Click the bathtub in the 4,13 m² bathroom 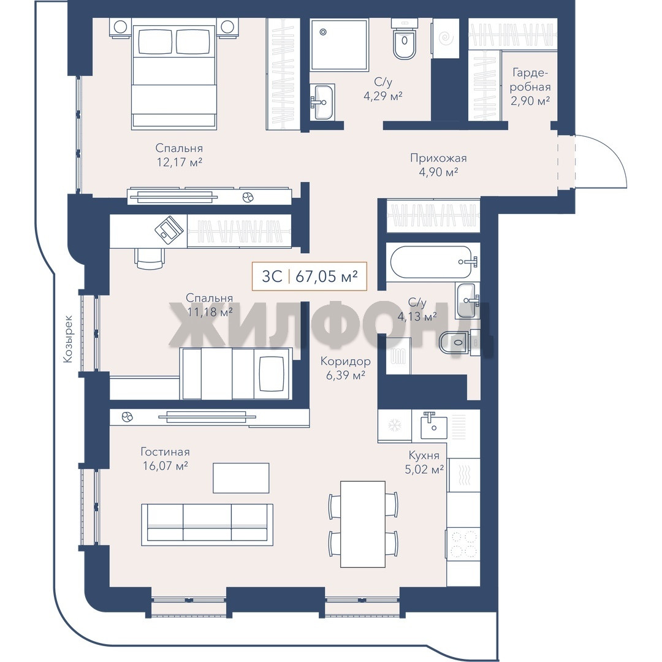[433, 262]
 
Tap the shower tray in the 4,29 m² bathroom [339, 44]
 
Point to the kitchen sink [433, 425]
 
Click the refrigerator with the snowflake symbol [395, 425]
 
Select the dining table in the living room [363, 524]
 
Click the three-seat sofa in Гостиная [207, 524]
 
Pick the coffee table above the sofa [241, 477]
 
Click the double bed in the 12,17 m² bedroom [174, 76]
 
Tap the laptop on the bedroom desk [169, 229]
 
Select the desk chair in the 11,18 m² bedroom [150, 259]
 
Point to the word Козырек [68, 338]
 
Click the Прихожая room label [438, 158]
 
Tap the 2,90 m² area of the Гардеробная [530, 101]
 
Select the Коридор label [345, 361]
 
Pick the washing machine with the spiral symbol [446, 39]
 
